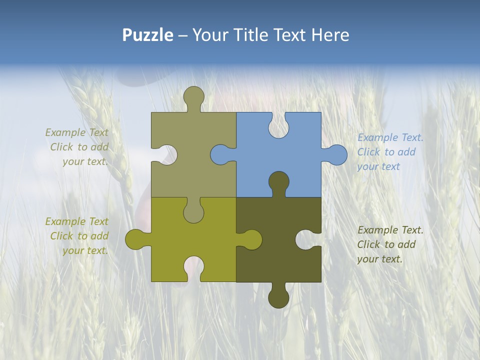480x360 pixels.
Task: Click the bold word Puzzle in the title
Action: point(148,35)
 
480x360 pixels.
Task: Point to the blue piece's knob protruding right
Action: point(336,155)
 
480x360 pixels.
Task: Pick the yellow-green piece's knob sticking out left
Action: point(135,239)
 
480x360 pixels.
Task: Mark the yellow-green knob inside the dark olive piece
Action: point(251,239)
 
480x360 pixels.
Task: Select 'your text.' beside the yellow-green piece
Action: point(85,250)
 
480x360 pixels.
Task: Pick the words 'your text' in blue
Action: point(378,166)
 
